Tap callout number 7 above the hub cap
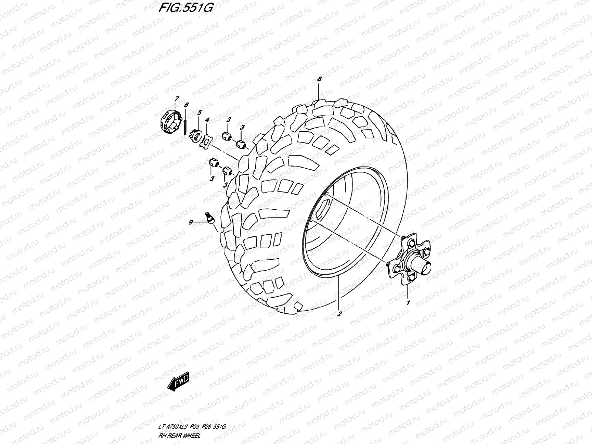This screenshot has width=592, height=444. click(x=177, y=98)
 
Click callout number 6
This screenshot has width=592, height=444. click(x=186, y=105)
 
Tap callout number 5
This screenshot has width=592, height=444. click(x=199, y=112)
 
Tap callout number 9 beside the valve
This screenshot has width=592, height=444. click(x=191, y=222)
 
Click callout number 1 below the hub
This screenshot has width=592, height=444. click(x=408, y=303)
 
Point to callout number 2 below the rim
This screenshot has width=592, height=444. click(x=339, y=314)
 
